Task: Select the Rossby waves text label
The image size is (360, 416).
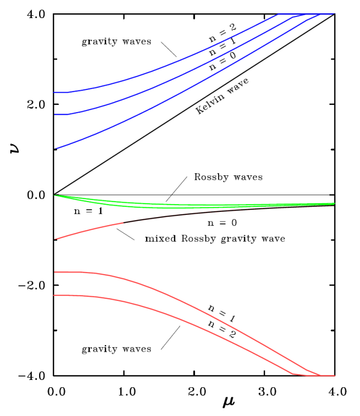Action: pyautogui.click(x=228, y=177)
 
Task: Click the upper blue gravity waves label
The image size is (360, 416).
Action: pyautogui.click(x=116, y=41)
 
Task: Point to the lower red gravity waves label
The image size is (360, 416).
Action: pyautogui.click(x=116, y=349)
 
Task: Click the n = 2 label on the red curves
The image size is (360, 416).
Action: pyautogui.click(x=219, y=323)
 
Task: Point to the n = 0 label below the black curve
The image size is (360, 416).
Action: pyautogui.click(x=221, y=224)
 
